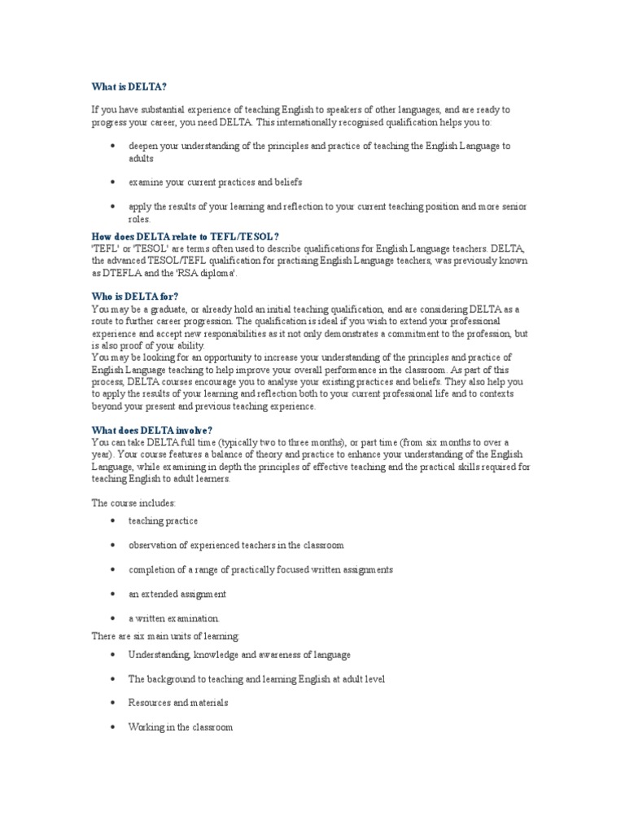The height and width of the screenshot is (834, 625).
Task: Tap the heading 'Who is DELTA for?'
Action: tap(135, 297)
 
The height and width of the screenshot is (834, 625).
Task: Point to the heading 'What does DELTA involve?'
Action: tap(153, 429)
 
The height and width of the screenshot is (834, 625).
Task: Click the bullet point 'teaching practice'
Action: tap(163, 520)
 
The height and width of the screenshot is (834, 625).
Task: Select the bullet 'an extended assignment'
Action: tap(177, 594)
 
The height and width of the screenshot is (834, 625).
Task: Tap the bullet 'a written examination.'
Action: tap(174, 618)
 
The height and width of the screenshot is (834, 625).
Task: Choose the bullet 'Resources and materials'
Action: tap(178, 702)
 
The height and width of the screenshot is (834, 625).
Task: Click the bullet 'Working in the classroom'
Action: tap(180, 726)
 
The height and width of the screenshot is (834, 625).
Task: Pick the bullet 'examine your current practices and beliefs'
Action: tap(215, 182)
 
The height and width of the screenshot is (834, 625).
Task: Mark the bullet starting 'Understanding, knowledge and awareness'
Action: tap(239, 655)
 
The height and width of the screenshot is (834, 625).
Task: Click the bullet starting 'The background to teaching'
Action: tap(256, 678)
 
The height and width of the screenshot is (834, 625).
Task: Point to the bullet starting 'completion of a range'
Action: tap(260, 569)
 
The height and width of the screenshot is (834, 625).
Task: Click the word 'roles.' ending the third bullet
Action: tap(140, 219)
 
